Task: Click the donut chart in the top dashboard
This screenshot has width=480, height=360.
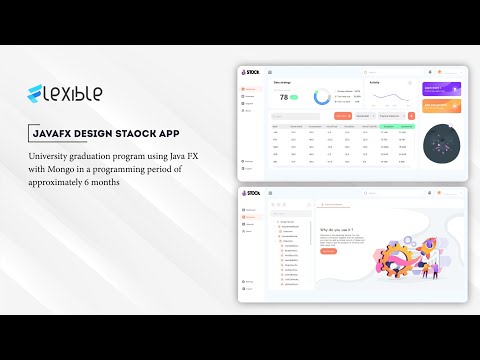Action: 323,97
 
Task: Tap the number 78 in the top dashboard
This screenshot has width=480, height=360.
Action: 284,97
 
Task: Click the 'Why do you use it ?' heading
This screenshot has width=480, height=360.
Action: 338,229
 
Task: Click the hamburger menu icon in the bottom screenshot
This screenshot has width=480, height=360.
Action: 270,193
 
